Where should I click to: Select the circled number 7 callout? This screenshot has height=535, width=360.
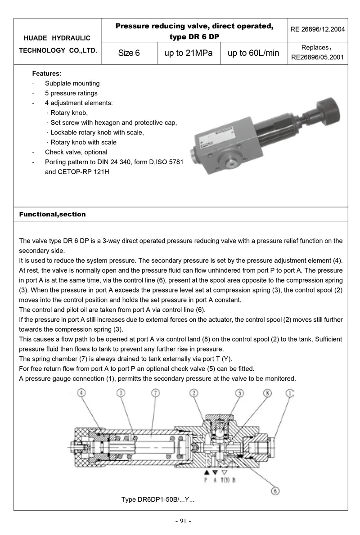[x=156, y=393]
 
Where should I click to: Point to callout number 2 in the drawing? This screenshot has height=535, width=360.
[x=194, y=393]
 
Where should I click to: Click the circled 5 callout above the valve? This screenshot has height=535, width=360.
[x=240, y=393]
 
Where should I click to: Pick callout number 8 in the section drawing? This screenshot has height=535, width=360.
[x=268, y=393]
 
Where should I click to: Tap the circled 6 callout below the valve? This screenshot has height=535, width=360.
[x=275, y=491]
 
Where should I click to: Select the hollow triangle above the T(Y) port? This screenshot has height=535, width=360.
[x=224, y=472]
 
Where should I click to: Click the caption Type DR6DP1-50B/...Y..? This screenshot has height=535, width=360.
[x=157, y=499]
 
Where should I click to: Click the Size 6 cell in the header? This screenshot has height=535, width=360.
[x=129, y=53]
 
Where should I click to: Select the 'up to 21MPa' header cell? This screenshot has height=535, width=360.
[x=188, y=53]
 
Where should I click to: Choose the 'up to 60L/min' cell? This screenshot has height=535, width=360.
[x=253, y=53]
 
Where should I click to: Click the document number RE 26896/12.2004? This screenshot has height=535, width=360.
[x=318, y=30]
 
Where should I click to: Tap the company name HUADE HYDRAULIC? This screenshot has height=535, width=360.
[x=58, y=38]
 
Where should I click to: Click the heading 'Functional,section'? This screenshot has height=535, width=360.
[x=52, y=214]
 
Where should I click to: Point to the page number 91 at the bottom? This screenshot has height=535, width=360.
[x=183, y=521]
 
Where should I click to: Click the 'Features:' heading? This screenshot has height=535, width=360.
[x=47, y=73]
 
